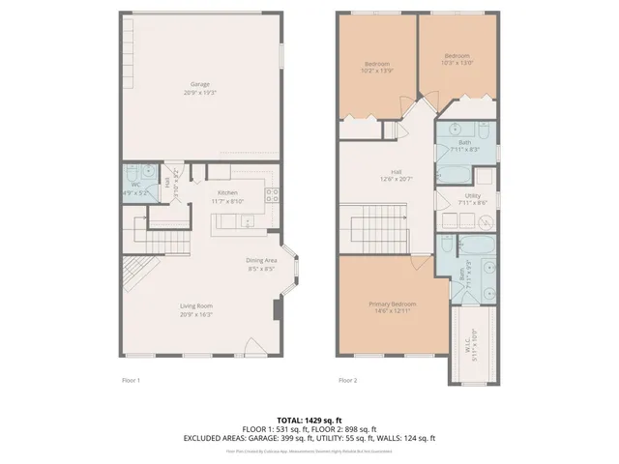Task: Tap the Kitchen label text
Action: point(228,192)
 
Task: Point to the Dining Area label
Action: point(261,259)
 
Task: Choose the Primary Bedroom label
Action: point(391,304)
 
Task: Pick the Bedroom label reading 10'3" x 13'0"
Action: point(457,56)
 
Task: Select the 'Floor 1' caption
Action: point(132,380)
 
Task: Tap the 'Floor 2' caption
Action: point(348,380)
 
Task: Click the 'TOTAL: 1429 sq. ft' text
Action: point(309,419)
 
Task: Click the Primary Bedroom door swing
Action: point(418,263)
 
